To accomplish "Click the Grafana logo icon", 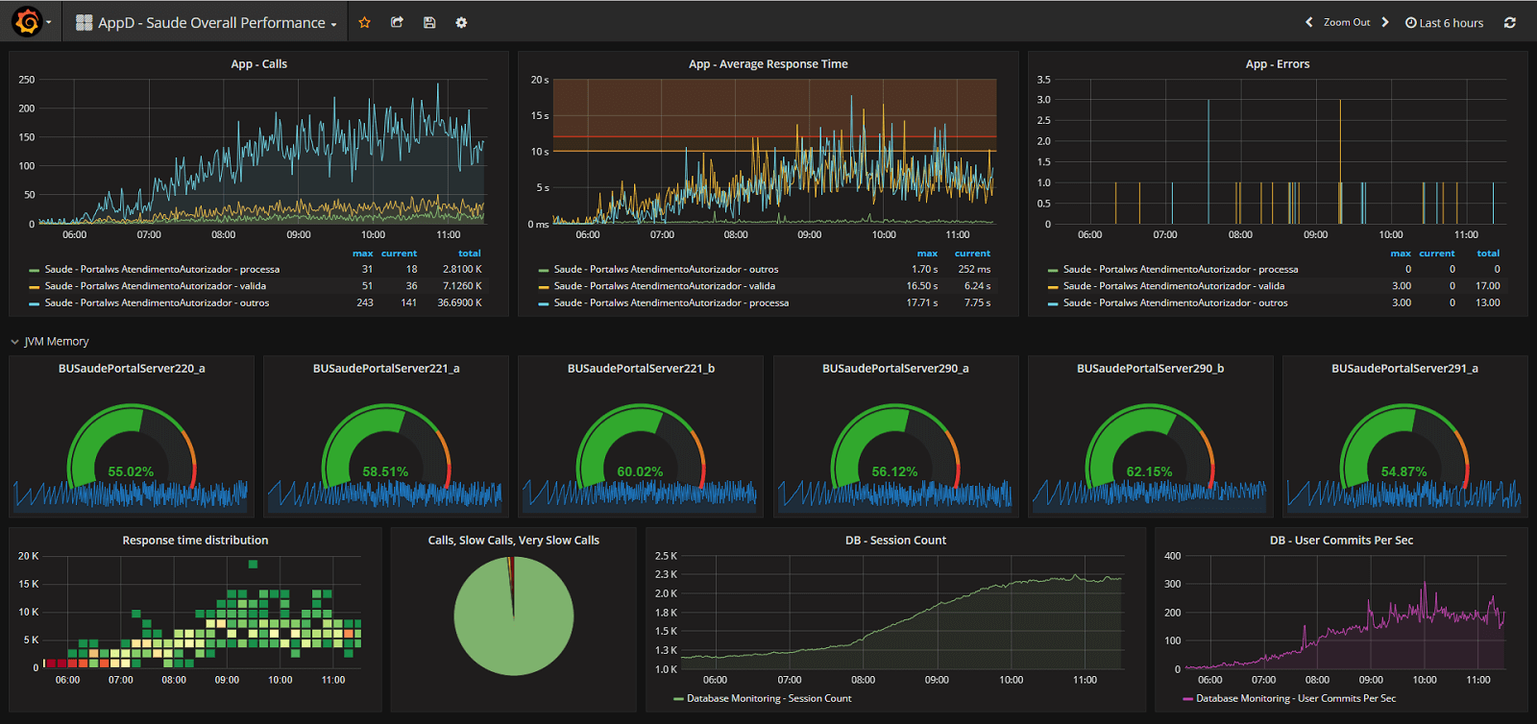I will click(x=27, y=21).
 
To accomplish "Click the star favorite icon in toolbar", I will click(x=364, y=22).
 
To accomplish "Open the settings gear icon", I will click(x=461, y=22).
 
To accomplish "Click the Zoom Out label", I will click(x=1347, y=22).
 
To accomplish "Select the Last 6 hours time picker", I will click(x=1445, y=23).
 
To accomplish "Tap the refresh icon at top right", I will click(x=1510, y=23).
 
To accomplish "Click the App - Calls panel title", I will click(x=258, y=64).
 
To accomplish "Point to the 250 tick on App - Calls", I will click(x=27, y=80).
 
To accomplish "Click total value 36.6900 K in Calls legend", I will click(x=459, y=302).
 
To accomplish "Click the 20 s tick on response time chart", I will click(x=539, y=80).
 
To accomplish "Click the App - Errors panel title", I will click(x=1277, y=64).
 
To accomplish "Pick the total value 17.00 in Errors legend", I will click(x=1487, y=285).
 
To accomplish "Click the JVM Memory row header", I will click(x=56, y=341).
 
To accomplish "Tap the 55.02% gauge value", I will click(x=131, y=471).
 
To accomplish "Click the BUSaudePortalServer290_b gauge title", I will click(x=1150, y=369).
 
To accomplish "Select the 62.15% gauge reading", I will click(x=1149, y=471).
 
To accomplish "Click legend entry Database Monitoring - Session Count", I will click(x=768, y=698).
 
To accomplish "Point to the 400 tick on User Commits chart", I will click(x=1172, y=556).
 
